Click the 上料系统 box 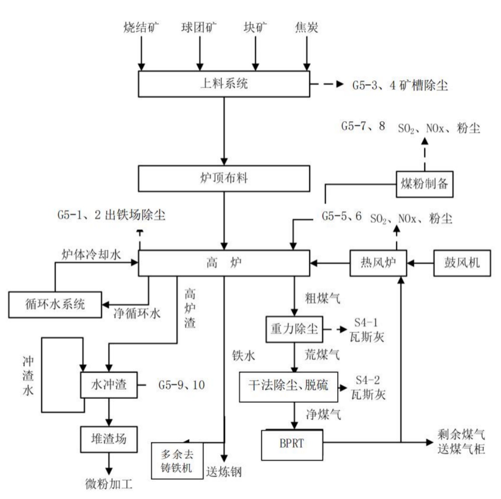tap(224, 84)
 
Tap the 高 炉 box tap(224, 263)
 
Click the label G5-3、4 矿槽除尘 tap(396, 84)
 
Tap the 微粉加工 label tap(108, 484)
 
